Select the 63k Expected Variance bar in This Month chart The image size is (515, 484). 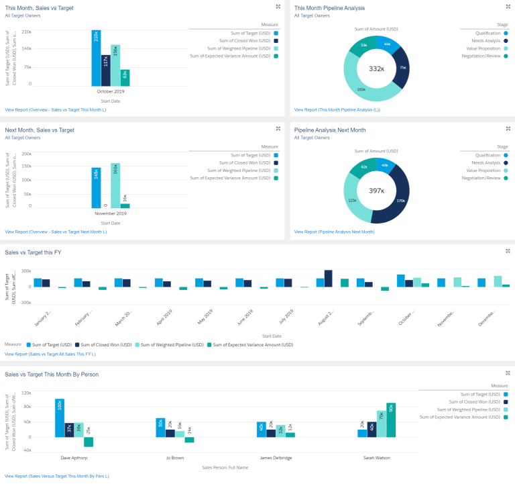tap(125, 77)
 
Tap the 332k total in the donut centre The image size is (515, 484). tap(376, 68)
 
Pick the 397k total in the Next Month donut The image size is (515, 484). tap(376, 191)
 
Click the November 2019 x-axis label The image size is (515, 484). tap(111, 213)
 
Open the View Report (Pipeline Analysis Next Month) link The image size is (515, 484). tap(334, 232)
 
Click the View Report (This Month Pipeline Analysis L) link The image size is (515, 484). tap(337, 109)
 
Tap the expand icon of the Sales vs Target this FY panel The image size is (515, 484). tap(508, 251)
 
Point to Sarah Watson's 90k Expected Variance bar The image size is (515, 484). tap(391, 420)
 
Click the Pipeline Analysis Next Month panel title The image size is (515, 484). tap(330, 130)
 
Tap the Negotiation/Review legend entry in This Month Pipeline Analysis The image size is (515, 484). tap(483, 56)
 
